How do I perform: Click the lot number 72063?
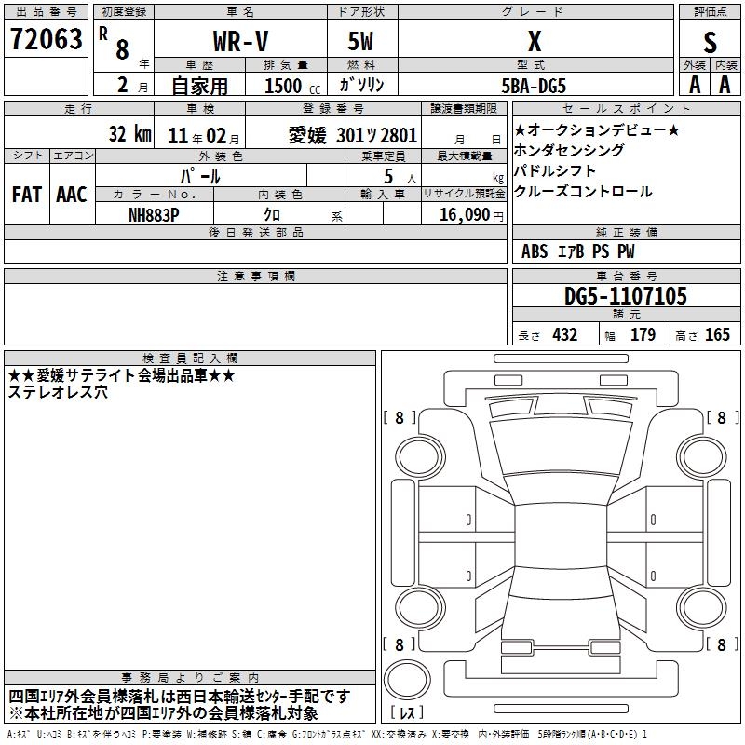click(x=46, y=38)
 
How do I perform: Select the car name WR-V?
click(x=240, y=41)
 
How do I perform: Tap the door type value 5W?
click(x=360, y=41)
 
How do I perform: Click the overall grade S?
click(x=710, y=42)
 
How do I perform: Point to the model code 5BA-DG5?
click(x=534, y=86)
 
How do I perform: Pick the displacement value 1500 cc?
click(x=292, y=86)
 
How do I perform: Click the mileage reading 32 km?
click(x=129, y=133)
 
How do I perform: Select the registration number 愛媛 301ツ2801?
click(x=353, y=135)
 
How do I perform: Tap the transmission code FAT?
click(x=27, y=195)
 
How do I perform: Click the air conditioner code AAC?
click(x=72, y=195)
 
